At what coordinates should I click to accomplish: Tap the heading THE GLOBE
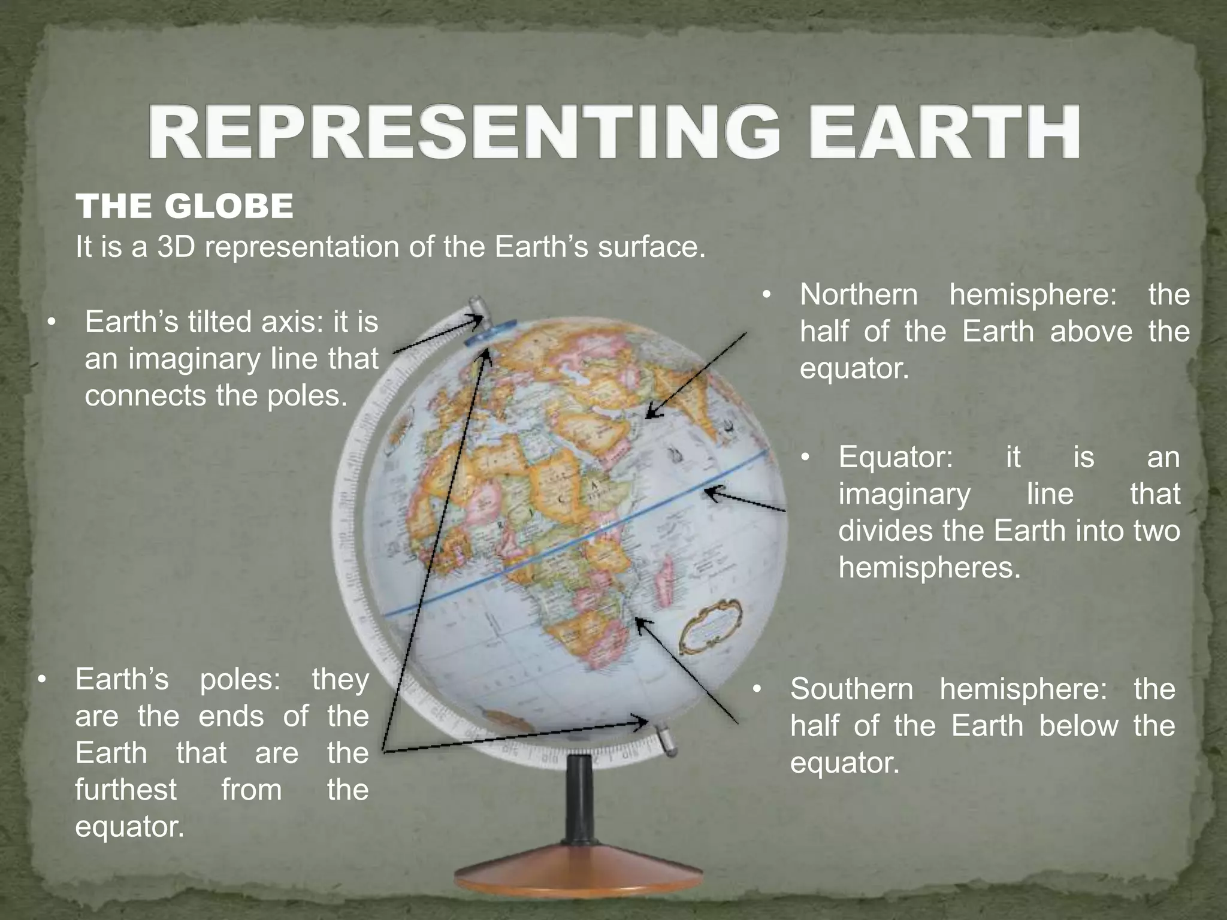point(185,207)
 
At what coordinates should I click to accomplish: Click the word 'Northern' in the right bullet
point(859,295)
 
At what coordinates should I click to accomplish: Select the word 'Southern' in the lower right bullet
point(851,689)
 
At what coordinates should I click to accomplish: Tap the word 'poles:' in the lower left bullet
point(240,680)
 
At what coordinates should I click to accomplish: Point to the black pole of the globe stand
point(579,803)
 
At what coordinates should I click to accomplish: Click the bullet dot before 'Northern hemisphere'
point(766,295)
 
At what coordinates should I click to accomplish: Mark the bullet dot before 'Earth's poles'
point(41,680)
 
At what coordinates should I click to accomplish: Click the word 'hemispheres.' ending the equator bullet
point(929,567)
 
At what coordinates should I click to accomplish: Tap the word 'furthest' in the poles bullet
point(126,789)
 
